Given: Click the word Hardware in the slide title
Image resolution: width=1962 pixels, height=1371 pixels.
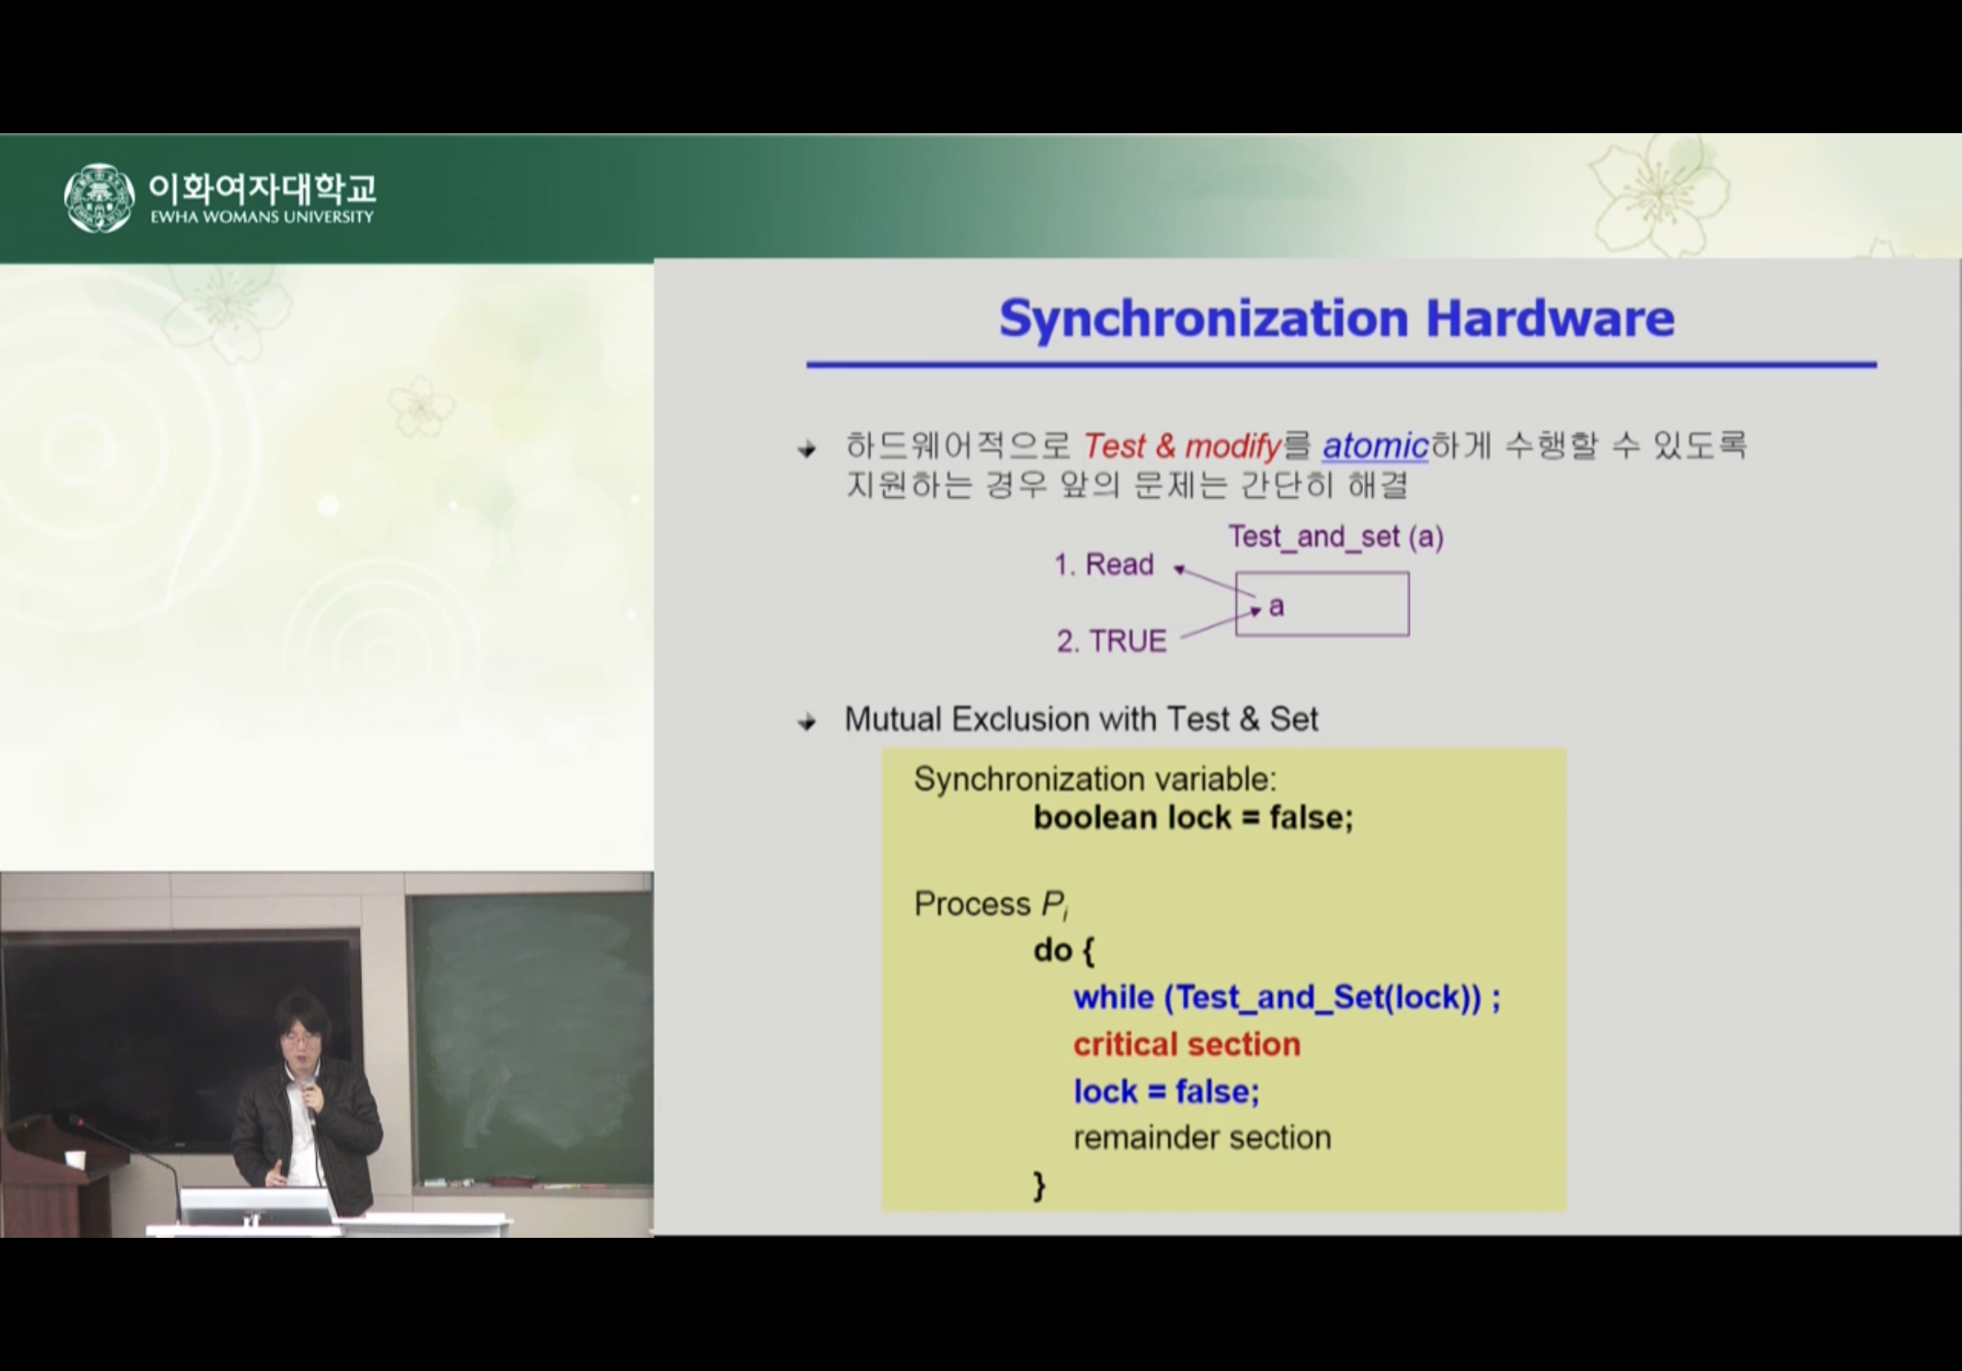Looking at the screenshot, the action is [x=1550, y=318].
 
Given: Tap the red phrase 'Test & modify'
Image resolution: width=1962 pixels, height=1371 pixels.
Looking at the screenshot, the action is [x=1182, y=446].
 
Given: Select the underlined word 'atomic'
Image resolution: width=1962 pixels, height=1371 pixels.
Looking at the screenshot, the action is [x=1375, y=446].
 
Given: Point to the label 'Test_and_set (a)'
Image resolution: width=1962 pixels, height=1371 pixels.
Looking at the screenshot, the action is [x=1336, y=537].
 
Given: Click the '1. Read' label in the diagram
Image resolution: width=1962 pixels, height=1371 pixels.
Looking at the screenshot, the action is [x=1103, y=564].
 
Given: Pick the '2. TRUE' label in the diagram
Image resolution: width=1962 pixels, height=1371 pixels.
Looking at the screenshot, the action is [x=1111, y=641].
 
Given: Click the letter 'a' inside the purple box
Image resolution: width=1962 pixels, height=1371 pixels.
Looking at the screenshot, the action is [x=1277, y=606].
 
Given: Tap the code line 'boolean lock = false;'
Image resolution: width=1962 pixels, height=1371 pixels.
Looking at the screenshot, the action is [x=1193, y=817].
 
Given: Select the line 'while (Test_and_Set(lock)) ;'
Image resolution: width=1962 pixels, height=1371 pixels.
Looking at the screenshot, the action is [x=1286, y=998].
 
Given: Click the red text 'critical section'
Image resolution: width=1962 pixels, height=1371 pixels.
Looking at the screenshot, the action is [x=1187, y=1045].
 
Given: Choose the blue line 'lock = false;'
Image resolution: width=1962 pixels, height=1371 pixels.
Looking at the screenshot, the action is [x=1167, y=1092].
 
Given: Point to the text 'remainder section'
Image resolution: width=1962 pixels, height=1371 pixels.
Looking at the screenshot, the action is [x=1202, y=1138].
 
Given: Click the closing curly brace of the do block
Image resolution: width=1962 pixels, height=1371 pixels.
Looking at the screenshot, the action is [x=1039, y=1185].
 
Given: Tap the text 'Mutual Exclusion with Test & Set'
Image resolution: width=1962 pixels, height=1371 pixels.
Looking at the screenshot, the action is [x=1081, y=719].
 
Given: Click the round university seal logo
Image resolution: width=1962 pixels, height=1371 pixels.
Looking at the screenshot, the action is [x=99, y=197].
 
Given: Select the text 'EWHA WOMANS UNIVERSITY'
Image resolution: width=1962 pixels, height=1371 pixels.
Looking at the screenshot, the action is [x=262, y=217].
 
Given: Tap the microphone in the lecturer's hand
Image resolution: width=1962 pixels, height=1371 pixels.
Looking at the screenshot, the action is [x=307, y=1095].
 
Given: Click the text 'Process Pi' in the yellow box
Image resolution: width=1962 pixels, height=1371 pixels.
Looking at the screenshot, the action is [x=991, y=904].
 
